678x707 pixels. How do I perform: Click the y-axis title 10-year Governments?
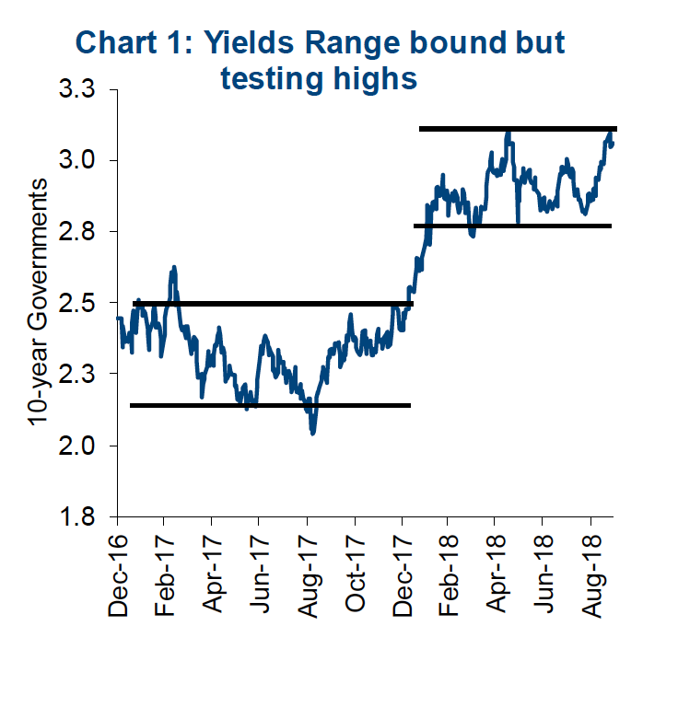(x=37, y=302)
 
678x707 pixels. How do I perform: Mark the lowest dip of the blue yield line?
(x=313, y=432)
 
